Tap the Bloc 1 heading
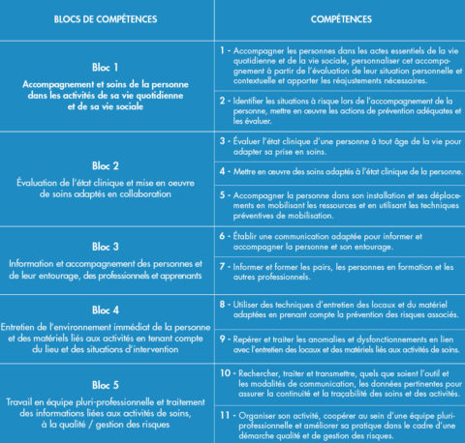tap(104, 68)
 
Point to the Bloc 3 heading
tap(104, 246)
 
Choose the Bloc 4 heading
tap(104, 311)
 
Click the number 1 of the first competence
tap(223, 47)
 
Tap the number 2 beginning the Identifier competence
tap(223, 100)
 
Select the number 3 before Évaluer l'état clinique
tap(223, 141)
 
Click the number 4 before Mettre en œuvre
tap(223, 171)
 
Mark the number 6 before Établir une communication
tap(223, 236)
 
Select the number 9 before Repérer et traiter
tap(223, 340)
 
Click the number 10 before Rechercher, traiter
tap(225, 371)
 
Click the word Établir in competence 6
tap(249, 236)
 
